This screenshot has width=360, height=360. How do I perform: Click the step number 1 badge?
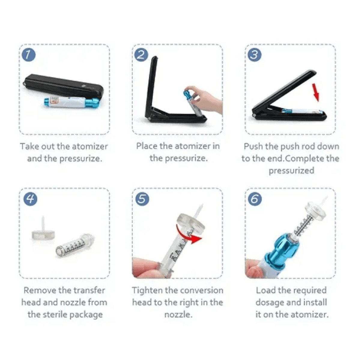click(x=29, y=55)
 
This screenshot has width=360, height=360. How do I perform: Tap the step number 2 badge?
click(x=141, y=55)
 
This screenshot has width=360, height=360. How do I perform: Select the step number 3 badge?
click(x=254, y=55)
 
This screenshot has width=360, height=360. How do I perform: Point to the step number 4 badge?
click(x=30, y=199)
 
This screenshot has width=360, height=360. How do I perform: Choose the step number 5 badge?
click(x=142, y=199)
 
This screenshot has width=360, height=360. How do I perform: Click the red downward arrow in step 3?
click(x=315, y=92)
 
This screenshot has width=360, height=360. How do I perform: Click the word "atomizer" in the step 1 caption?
click(x=90, y=146)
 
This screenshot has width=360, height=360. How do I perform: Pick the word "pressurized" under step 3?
click(x=291, y=171)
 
